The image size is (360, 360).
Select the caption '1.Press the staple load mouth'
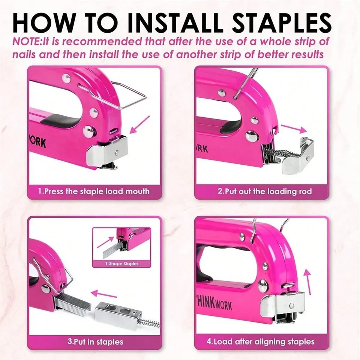pyautogui.click(x=94, y=191)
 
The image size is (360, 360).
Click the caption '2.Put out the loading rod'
pyautogui.click(x=265, y=191)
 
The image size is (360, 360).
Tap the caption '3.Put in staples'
pyautogui.click(x=95, y=342)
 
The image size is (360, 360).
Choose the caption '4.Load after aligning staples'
pyautogui.click(x=261, y=342)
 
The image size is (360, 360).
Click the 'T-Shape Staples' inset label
pyautogui.click(x=121, y=264)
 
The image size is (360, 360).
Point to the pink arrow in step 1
pyautogui.click(x=139, y=125)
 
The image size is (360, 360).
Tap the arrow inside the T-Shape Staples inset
pyautogui.click(x=105, y=242)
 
